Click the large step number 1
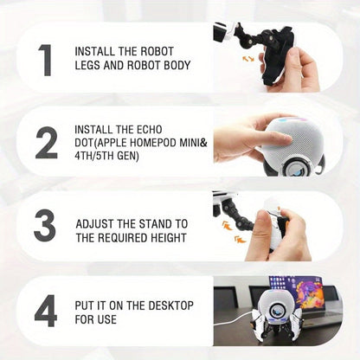point(45,61)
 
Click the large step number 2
point(46,143)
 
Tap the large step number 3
point(45,226)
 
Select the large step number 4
point(45,309)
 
